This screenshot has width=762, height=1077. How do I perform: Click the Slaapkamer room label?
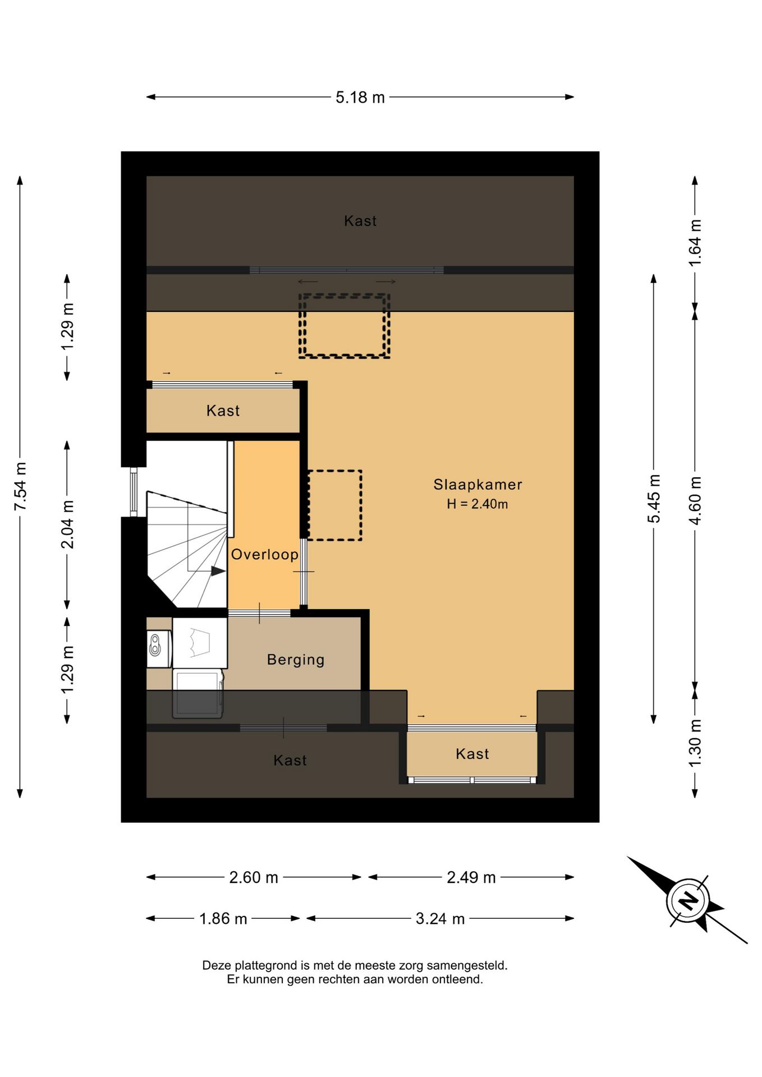[x=478, y=485]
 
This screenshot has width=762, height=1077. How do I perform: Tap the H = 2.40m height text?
[x=478, y=504]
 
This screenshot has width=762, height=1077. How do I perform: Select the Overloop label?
[x=265, y=554]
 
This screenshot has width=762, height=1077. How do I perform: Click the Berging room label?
[x=296, y=660]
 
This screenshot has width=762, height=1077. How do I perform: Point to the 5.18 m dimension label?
[x=360, y=98]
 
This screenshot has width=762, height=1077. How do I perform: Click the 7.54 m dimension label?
[x=21, y=486]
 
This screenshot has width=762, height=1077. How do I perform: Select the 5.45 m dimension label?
[x=654, y=499]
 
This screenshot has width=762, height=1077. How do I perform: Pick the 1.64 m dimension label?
[x=695, y=243]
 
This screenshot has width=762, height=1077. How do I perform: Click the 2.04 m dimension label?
[x=67, y=524]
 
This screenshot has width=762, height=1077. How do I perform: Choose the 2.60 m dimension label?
[x=254, y=877]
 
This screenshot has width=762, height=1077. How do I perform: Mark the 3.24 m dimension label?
[x=440, y=919]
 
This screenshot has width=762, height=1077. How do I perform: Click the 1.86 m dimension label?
[x=223, y=919]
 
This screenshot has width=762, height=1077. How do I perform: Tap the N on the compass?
[x=688, y=900]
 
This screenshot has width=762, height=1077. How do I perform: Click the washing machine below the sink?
[x=198, y=693]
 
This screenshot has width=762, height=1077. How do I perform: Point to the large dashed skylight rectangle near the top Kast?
[x=344, y=326]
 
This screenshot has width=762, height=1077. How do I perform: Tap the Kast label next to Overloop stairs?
[x=223, y=411]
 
